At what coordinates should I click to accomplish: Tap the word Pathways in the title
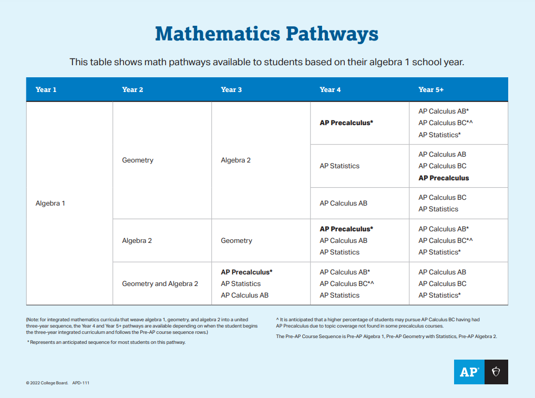(x=332, y=34)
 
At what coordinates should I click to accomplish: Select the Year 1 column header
(x=46, y=89)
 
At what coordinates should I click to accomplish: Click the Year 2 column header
(x=132, y=89)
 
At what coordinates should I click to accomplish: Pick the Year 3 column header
(x=231, y=89)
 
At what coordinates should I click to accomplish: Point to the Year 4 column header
(x=330, y=89)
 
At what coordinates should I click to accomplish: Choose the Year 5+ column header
(x=431, y=89)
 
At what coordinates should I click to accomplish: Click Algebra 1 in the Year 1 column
(x=50, y=203)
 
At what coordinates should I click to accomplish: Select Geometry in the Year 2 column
(x=138, y=160)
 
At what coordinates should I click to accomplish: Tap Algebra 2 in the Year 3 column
(x=235, y=160)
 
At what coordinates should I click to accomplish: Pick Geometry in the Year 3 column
(x=236, y=240)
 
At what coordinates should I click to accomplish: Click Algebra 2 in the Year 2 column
(x=137, y=240)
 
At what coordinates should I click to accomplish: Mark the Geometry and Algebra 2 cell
(x=160, y=283)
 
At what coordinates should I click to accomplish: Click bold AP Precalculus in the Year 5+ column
(x=444, y=178)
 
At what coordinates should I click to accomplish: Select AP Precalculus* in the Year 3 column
(x=246, y=272)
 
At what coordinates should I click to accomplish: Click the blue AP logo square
(x=469, y=372)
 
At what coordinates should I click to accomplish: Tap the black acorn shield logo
(x=496, y=372)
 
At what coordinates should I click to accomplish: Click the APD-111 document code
(x=80, y=383)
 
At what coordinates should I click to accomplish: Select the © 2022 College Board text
(x=47, y=383)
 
